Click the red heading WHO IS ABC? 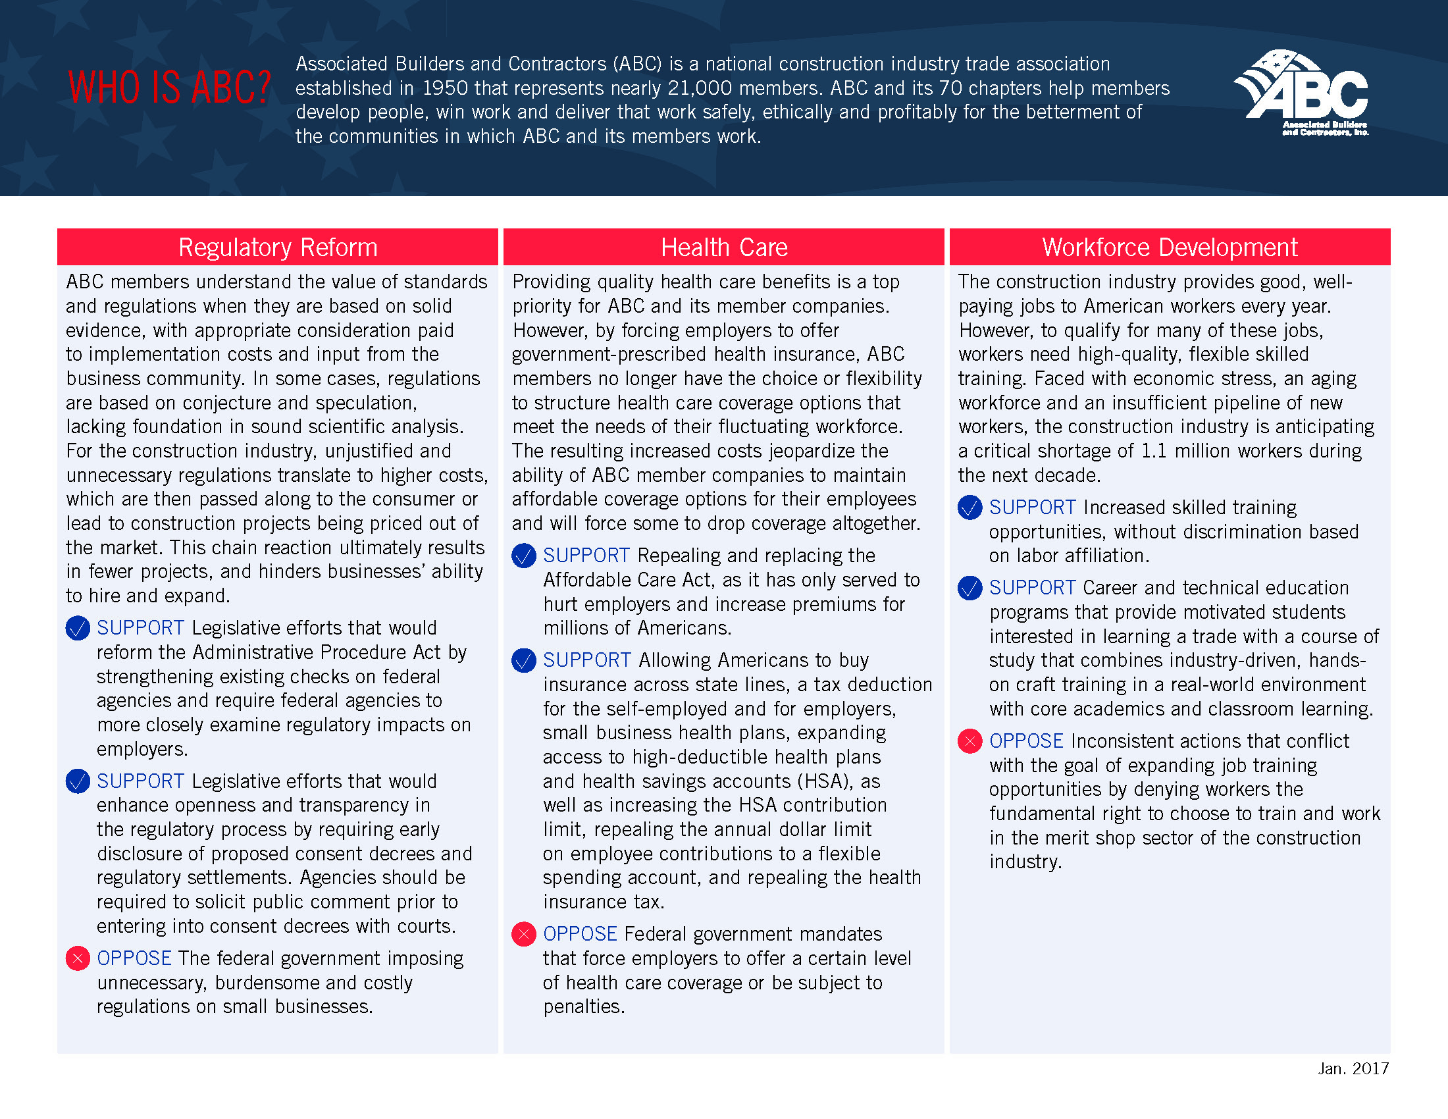coord(170,88)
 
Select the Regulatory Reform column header coord(278,247)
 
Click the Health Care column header coord(724,247)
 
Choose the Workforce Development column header coord(1170,247)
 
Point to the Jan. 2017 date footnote coord(1353,1068)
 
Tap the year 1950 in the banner coord(445,88)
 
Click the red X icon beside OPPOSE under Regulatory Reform coord(78,958)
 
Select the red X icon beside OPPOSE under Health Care coord(524,934)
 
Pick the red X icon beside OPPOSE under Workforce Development coord(970,741)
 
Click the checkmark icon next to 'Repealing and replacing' coord(524,556)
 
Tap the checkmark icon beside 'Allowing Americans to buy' coord(524,660)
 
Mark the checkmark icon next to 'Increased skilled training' coord(970,507)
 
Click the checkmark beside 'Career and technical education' coord(970,588)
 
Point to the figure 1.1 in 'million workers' coord(1153,452)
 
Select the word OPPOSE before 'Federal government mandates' coord(580,934)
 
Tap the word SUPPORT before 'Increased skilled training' coord(1032,507)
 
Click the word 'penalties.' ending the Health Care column coord(583,1007)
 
